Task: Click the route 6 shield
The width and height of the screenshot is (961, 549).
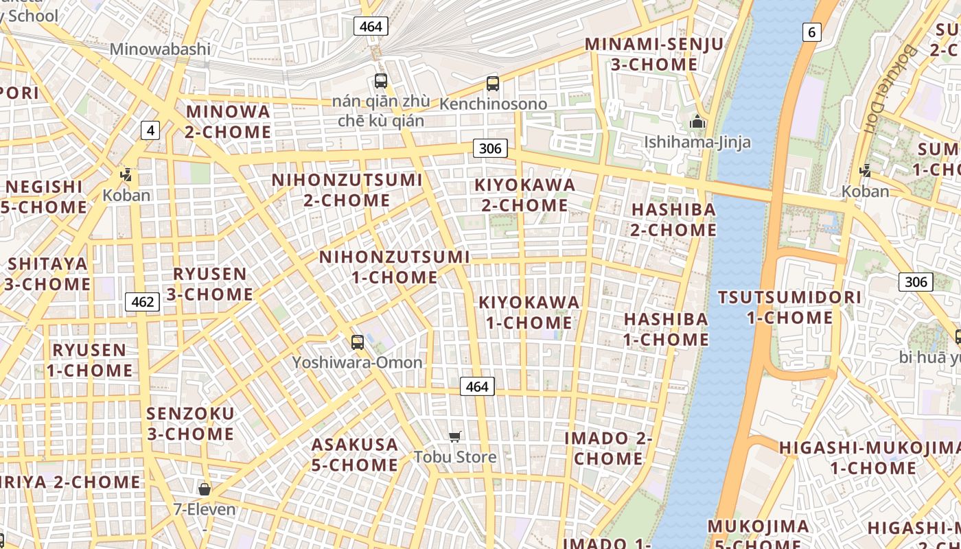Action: point(812,32)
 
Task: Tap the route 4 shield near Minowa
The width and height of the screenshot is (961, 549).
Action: point(150,130)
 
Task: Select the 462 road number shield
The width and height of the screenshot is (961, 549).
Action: point(143,302)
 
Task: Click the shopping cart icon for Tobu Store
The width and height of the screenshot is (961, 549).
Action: point(454,436)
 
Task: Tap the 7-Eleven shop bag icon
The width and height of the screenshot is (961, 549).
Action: point(204,489)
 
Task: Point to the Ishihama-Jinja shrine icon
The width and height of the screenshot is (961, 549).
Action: point(697,123)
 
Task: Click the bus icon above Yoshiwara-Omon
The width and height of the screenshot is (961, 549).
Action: point(357,342)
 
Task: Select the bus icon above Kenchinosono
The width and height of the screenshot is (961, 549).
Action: point(492,84)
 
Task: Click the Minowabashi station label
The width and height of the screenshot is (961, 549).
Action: point(160,49)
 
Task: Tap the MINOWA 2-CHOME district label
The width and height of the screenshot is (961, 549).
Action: point(228,121)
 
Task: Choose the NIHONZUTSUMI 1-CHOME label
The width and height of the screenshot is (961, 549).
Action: point(395,267)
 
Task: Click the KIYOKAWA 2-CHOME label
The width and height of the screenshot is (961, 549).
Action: point(525,195)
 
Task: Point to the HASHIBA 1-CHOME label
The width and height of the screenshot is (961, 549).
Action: point(666,329)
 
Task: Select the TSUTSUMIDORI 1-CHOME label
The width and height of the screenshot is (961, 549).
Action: point(789,307)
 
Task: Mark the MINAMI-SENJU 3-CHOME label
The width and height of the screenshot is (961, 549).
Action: point(653,54)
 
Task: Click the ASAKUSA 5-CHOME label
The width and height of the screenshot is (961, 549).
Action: point(354,454)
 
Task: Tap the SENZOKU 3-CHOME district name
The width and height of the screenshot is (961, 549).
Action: point(190,423)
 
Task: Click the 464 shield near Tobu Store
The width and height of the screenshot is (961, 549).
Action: point(476,386)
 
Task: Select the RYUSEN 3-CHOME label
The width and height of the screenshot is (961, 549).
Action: point(209,284)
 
